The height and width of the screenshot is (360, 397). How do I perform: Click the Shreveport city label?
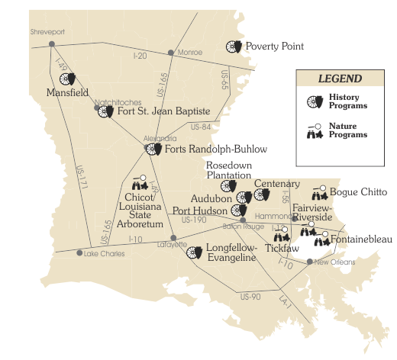[44, 33]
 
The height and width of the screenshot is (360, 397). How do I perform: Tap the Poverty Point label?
[275, 47]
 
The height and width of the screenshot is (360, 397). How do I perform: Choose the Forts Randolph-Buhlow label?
[215, 149]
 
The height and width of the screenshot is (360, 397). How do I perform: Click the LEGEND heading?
[340, 79]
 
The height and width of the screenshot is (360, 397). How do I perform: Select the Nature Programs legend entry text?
[348, 130]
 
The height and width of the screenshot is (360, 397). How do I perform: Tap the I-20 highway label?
[139, 56]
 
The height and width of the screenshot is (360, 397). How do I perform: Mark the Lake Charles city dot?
[79, 252]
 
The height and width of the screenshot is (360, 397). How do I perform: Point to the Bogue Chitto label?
[359, 192]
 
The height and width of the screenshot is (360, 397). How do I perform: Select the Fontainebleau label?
[362, 239]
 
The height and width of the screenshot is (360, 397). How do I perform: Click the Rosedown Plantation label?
[228, 170]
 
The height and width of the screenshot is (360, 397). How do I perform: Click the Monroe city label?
[189, 53]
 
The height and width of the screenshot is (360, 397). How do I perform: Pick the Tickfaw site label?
[282, 247]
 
